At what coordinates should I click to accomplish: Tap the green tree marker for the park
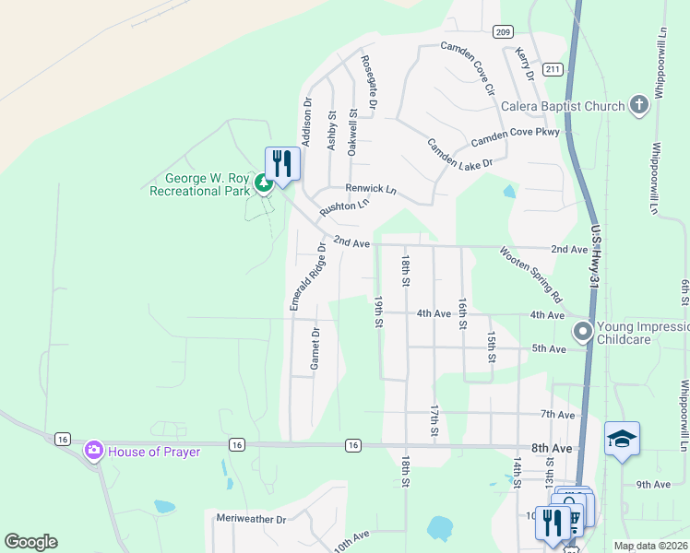click(264, 184)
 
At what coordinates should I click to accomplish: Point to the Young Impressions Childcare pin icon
click(582, 330)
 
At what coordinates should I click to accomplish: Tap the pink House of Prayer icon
click(94, 451)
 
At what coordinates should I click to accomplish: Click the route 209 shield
click(502, 32)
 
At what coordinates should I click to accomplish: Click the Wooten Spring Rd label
click(531, 275)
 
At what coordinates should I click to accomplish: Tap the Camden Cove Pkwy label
click(516, 138)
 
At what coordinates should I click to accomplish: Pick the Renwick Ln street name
click(370, 189)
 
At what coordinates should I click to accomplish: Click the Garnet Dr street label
click(315, 348)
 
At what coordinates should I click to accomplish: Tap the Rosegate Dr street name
click(369, 80)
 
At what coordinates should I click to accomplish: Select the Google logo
click(30, 542)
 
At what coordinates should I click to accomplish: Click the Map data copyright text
click(649, 546)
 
